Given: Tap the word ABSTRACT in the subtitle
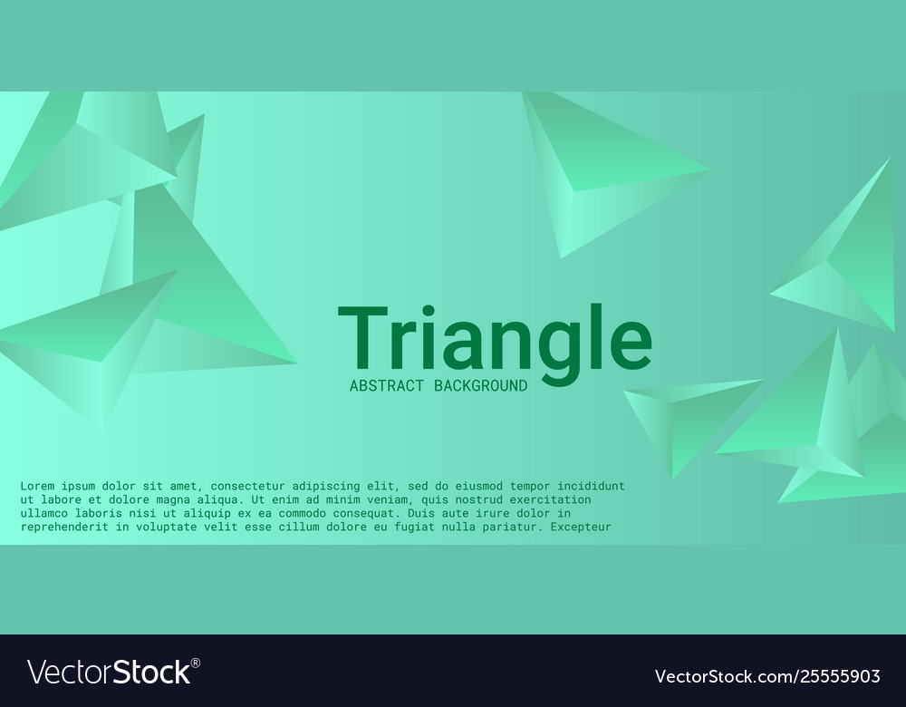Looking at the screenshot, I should point(387,386).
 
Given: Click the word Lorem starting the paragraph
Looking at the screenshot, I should point(37,487).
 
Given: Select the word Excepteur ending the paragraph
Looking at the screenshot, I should point(581,528).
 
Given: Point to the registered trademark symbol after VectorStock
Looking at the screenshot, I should point(196,663).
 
